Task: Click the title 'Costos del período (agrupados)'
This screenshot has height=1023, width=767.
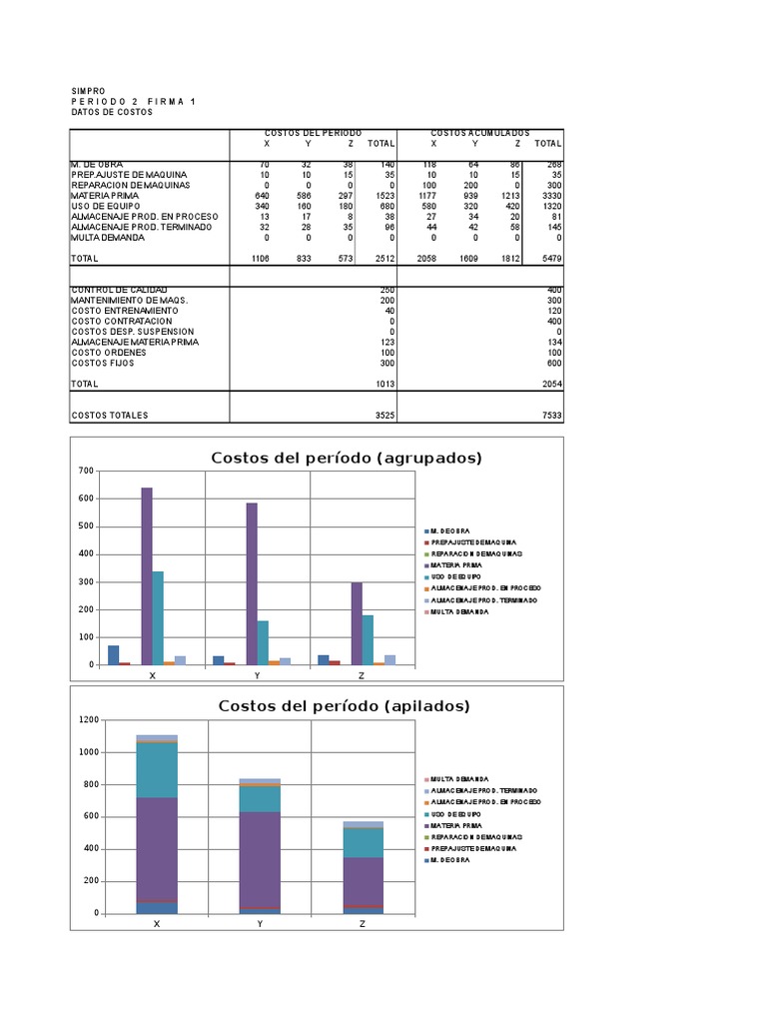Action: point(347,459)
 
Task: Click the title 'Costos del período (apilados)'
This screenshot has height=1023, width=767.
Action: point(345,706)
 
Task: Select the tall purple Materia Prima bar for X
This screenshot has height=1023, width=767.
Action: point(147,575)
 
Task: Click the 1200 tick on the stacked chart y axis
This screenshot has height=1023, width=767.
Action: point(89,719)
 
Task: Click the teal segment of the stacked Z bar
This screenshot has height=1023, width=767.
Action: point(363,842)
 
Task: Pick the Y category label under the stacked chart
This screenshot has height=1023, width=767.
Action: point(260,925)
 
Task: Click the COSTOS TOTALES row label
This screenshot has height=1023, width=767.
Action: point(110,415)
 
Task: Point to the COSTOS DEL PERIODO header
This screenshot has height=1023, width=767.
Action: point(313,133)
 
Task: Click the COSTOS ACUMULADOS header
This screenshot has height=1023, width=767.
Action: point(480,133)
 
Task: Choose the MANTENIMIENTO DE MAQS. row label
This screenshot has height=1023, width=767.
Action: point(129,300)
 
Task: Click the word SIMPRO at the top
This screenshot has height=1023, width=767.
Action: point(88,91)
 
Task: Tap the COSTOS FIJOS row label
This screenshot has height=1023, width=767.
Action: point(103,363)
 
